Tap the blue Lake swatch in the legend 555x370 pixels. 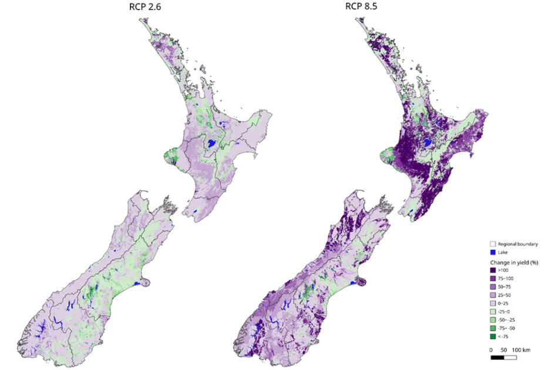point(493,251)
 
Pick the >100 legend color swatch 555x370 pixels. point(493,270)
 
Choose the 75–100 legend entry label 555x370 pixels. point(506,278)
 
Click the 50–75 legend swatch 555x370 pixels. point(493,287)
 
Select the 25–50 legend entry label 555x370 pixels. point(504,295)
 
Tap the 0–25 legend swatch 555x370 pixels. point(493,303)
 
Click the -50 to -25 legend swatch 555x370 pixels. point(493,319)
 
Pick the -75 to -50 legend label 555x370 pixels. point(507,328)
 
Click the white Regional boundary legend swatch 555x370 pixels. point(493,243)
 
